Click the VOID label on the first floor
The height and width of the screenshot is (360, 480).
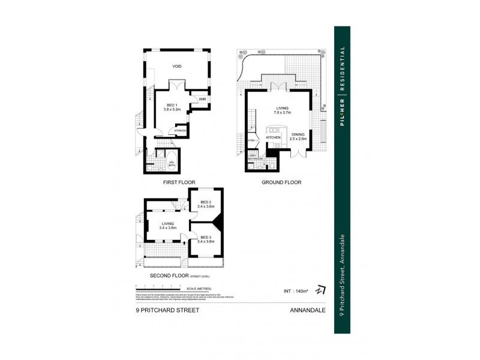point(176,67)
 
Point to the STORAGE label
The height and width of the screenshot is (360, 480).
point(180,130)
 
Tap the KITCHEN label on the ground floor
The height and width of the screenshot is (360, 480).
point(273,137)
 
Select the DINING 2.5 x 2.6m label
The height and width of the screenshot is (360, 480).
point(298,136)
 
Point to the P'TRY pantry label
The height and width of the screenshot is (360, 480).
point(251,141)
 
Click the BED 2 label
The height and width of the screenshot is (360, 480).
point(206,204)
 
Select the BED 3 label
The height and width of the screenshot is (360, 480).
point(206,239)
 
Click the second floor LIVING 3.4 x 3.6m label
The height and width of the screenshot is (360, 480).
point(167,226)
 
